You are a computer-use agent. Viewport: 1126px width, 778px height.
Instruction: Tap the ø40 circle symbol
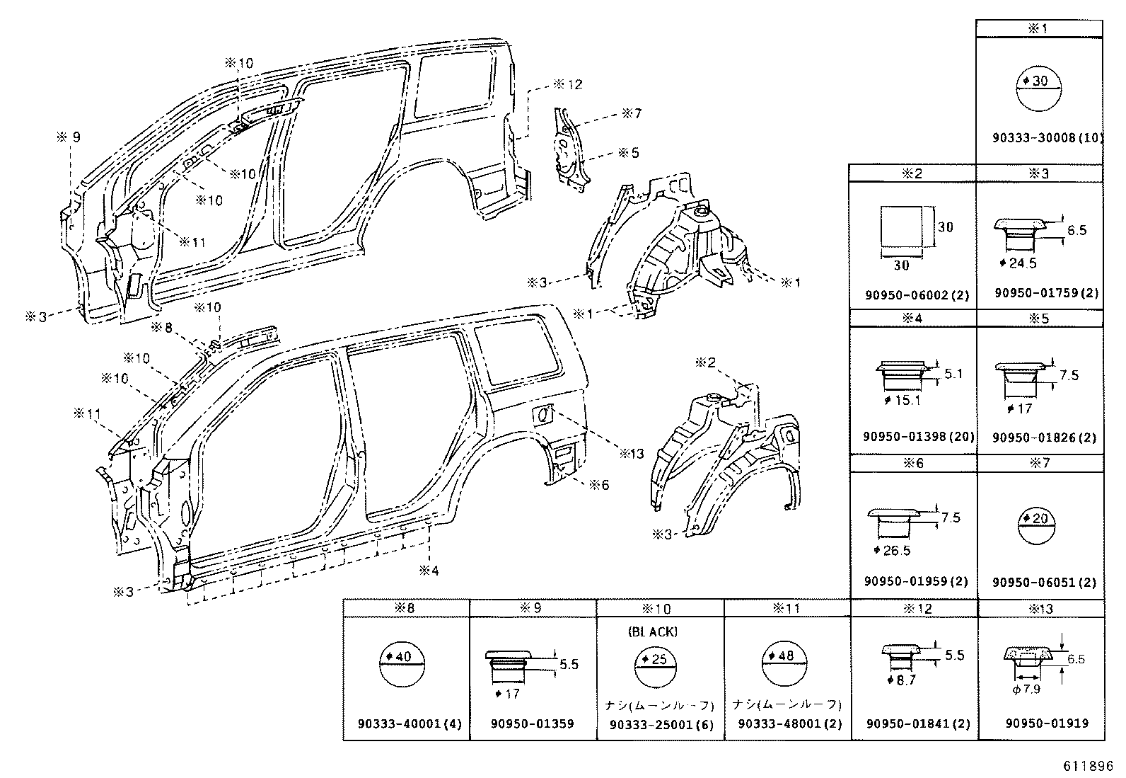(x=404, y=666)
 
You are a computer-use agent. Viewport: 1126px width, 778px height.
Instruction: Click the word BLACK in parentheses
(x=651, y=631)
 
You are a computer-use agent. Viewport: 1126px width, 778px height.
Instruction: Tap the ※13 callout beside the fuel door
(x=631, y=453)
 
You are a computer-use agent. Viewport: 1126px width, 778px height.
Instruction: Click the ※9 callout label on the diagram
(x=69, y=137)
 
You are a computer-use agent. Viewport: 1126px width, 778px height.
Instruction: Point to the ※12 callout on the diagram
(x=567, y=84)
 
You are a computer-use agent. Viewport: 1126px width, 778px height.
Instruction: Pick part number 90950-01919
(x=1047, y=723)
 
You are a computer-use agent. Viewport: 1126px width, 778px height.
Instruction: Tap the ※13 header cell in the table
(x=1040, y=608)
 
